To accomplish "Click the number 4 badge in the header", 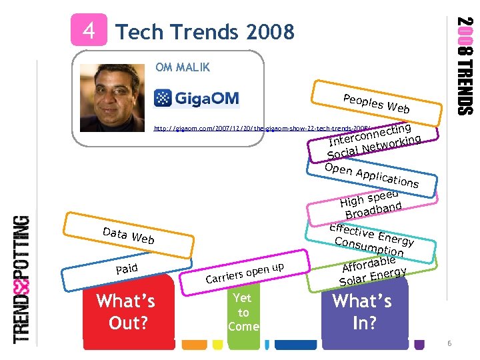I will (88, 31).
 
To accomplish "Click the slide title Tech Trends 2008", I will (205, 31).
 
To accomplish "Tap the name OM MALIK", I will (182, 67).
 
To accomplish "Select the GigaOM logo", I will (197, 99).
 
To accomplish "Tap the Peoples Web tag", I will (376, 103).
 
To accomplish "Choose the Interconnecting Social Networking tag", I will (373, 140).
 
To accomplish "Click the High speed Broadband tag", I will (371, 203).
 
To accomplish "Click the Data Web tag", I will (128, 235).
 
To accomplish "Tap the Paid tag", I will (126, 268).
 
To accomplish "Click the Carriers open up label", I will (245, 273).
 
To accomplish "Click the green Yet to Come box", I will (243, 313).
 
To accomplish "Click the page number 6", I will (450, 343).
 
